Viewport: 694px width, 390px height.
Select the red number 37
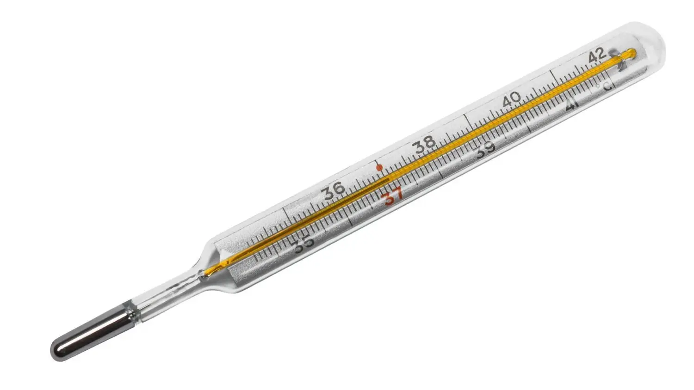coord(393,195)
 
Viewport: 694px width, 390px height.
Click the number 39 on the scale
coord(485,150)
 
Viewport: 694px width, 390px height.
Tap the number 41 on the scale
coord(571,105)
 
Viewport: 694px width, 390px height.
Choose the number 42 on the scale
coord(597,56)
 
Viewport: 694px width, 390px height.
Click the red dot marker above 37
coord(379,167)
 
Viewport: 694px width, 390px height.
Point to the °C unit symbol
coord(604,86)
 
